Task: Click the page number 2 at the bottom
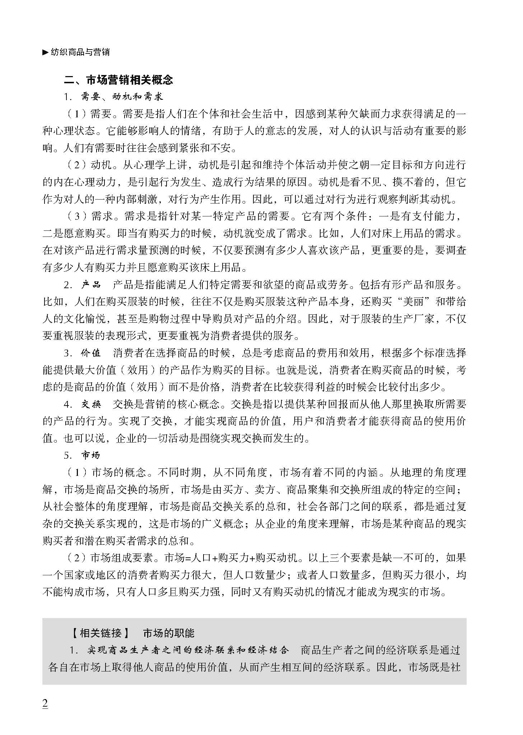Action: pyautogui.click(x=45, y=704)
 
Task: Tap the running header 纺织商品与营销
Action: pyautogui.click(x=80, y=52)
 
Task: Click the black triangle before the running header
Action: pyautogui.click(x=45, y=52)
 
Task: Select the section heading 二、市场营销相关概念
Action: pyautogui.click(x=118, y=80)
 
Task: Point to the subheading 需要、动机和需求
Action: pyautogui.click(x=122, y=97)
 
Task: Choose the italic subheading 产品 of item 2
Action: pyautogui.click(x=91, y=285)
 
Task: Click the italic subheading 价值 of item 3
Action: pyautogui.click(x=91, y=353)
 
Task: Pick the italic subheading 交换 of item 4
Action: pyautogui.click(x=91, y=404)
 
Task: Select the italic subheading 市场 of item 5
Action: pyautogui.click(x=91, y=455)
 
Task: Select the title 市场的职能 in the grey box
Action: pyautogui.click(x=169, y=633)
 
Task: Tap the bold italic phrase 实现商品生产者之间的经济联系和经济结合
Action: pyautogui.click(x=188, y=650)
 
